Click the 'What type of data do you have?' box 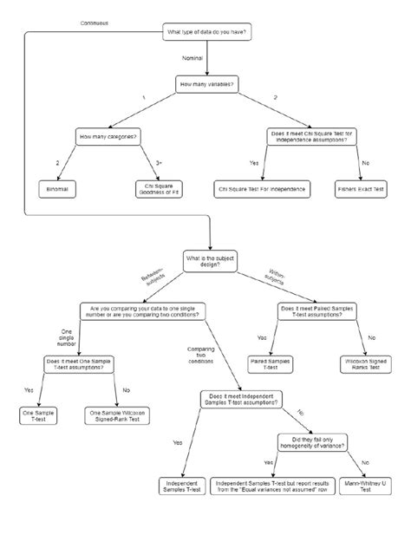[206, 33]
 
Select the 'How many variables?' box [206, 85]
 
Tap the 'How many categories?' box [108, 137]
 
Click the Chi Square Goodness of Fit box [157, 188]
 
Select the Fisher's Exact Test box [361, 188]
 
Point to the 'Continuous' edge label [95, 22]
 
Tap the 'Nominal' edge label [192, 57]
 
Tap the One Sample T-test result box [38, 416]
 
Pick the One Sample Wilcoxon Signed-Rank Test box [116, 416]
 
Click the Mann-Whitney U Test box [365, 486]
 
